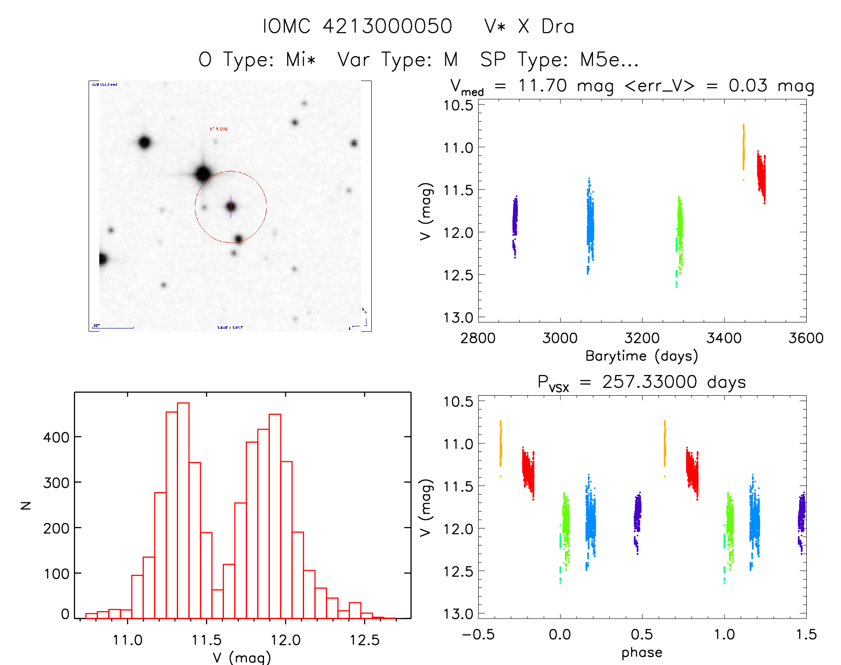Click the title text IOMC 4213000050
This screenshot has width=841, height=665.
pyautogui.click(x=357, y=26)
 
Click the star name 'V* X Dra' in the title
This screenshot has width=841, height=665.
pyautogui.click(x=529, y=26)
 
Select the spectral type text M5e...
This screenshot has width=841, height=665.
pyautogui.click(x=609, y=59)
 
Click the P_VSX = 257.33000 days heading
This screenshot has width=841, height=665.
pyautogui.click(x=641, y=382)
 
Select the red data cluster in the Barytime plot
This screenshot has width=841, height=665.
pyautogui.click(x=761, y=176)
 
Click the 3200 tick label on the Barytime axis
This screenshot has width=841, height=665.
pyautogui.click(x=642, y=338)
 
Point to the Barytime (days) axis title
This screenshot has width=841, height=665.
pyautogui.click(x=641, y=356)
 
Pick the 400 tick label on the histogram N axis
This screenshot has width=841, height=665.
pyautogui.click(x=56, y=437)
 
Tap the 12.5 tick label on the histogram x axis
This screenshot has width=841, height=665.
pyautogui.click(x=364, y=640)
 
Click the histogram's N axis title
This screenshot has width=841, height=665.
pyautogui.click(x=26, y=505)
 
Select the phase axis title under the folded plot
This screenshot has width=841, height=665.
pyautogui.click(x=642, y=653)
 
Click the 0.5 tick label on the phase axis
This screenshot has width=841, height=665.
pyautogui.click(x=642, y=635)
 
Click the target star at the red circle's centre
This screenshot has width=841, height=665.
pyautogui.click(x=231, y=207)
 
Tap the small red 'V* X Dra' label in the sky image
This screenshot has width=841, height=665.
pyautogui.click(x=219, y=129)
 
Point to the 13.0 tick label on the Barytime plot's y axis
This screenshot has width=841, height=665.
pyautogui.click(x=458, y=318)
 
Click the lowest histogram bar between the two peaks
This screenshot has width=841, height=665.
pyautogui.click(x=217, y=604)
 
